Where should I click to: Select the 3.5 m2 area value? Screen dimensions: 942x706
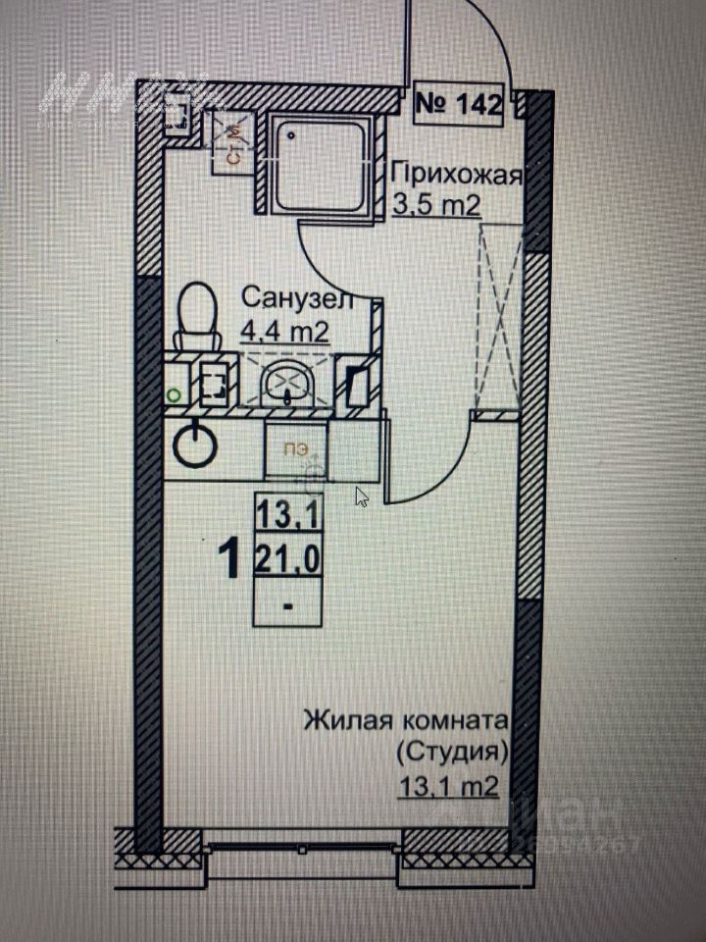pos(436,207)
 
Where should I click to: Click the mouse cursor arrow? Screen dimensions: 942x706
pos(362,497)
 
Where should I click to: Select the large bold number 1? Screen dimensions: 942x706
pos(231,560)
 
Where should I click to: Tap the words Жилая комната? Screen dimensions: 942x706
pos(406,722)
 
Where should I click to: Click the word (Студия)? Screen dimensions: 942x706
pos(452,754)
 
